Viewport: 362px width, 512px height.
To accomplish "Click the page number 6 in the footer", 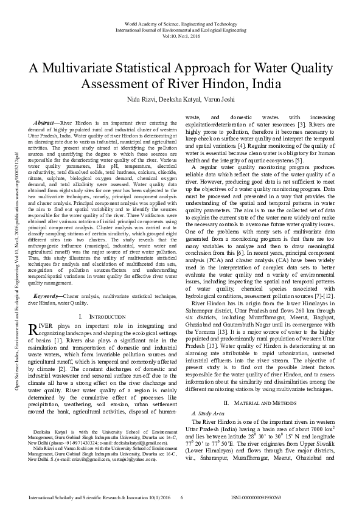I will coord(182,498).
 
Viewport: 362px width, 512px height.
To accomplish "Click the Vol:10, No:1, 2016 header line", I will coord(181,35).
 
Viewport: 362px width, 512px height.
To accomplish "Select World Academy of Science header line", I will coord(181,22).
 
